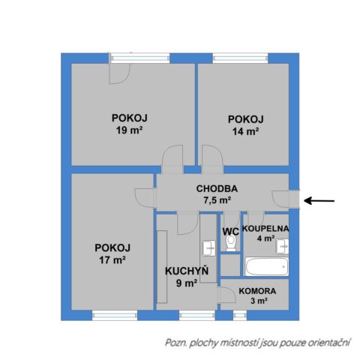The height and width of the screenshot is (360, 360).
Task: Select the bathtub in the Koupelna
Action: (265, 267)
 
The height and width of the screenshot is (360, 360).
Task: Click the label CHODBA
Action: (217, 188)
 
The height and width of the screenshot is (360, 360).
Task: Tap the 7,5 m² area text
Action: (217, 200)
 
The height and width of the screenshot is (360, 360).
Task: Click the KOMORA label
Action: (258, 291)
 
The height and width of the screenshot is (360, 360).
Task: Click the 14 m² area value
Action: (245, 130)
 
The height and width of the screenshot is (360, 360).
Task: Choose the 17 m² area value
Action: (112, 260)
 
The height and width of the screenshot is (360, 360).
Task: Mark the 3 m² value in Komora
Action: (258, 301)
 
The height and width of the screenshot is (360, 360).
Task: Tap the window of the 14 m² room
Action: (239, 58)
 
